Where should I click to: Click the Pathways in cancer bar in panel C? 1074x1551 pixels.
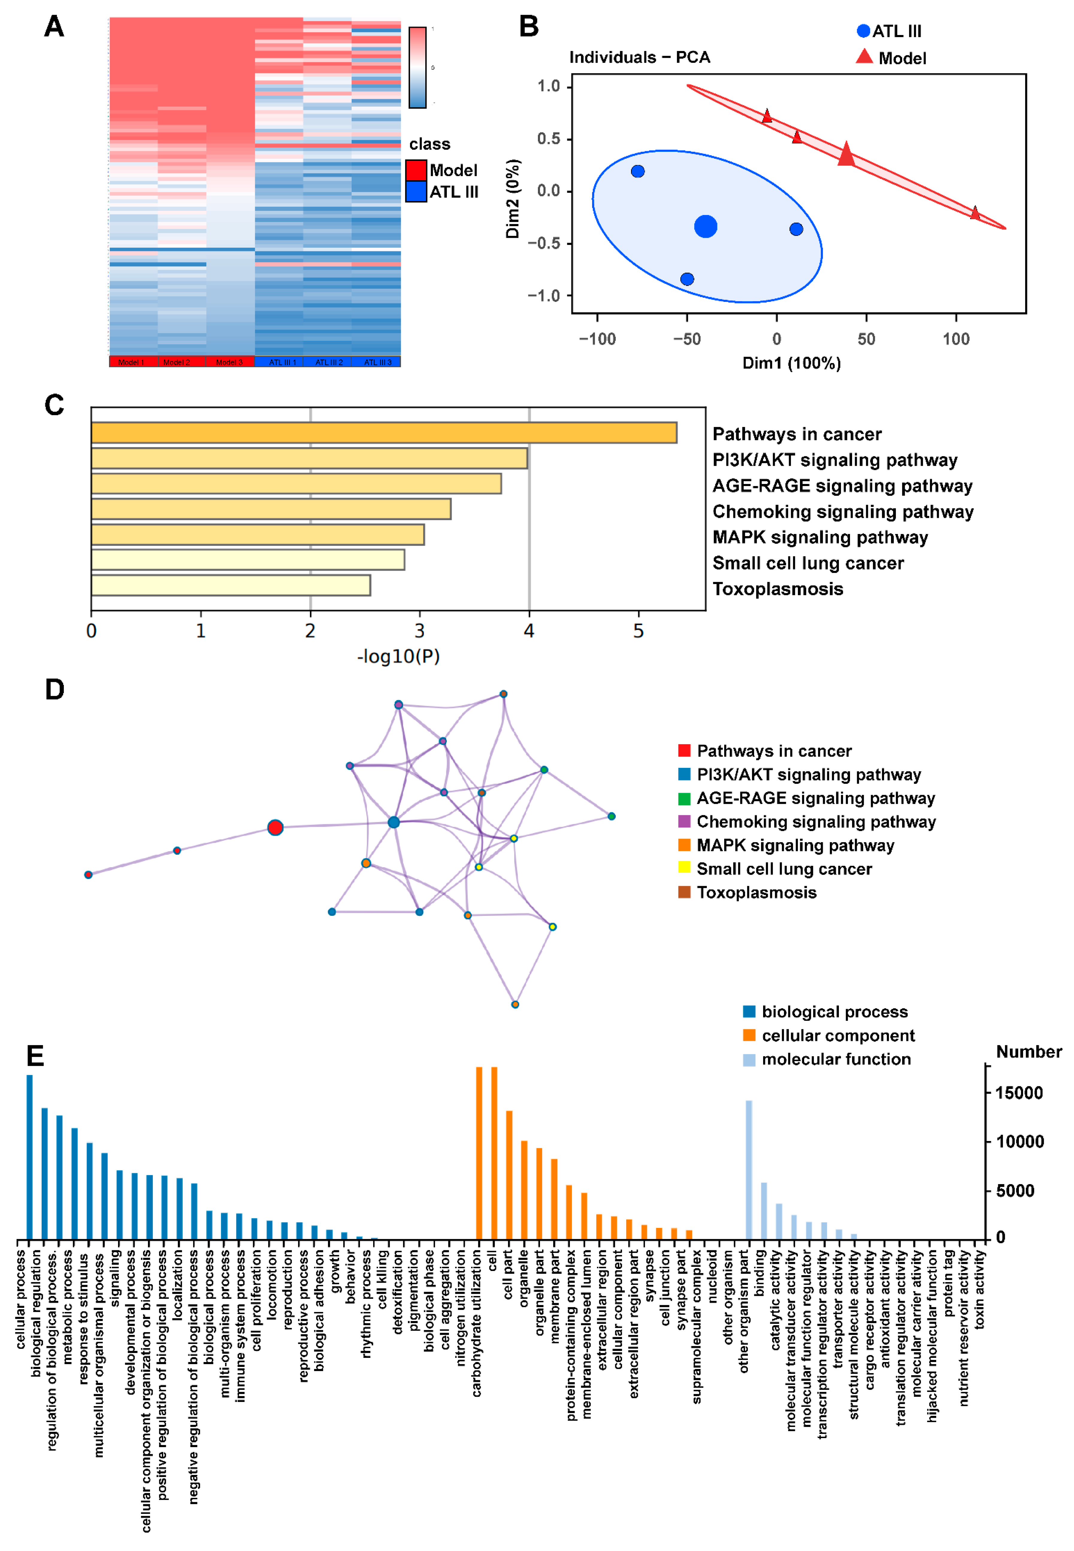[384, 433]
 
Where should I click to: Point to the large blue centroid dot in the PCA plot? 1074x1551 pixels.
[705, 226]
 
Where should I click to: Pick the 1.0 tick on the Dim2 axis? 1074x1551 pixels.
[548, 86]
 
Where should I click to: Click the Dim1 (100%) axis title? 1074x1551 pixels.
[791, 363]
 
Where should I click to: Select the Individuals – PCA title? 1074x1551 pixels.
[639, 57]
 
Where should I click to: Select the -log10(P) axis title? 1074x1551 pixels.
[398, 656]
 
